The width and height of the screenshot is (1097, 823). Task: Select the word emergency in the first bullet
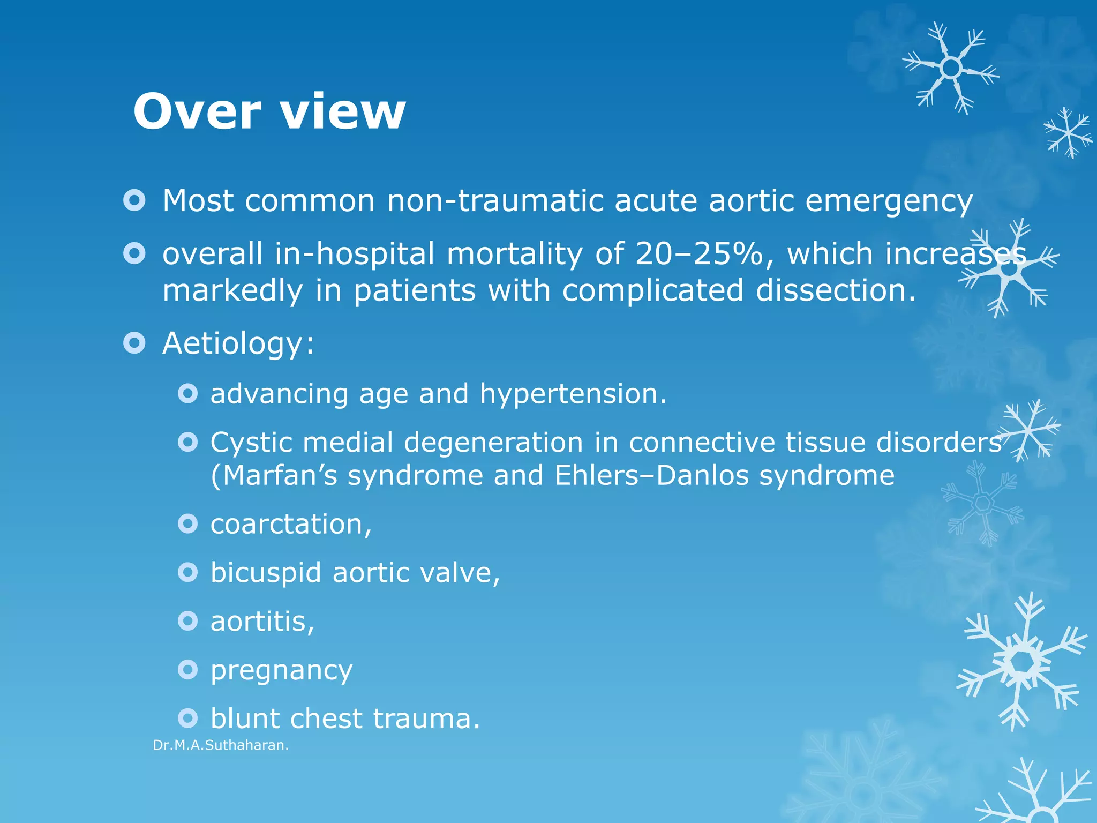pyautogui.click(x=889, y=202)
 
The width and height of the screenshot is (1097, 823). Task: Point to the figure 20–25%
pyautogui.click(x=699, y=253)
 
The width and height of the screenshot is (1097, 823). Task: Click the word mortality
pyautogui.click(x=514, y=255)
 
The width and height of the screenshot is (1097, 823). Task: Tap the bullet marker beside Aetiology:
pyautogui.click(x=134, y=342)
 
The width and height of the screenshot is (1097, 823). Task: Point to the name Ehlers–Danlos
pyautogui.click(x=651, y=475)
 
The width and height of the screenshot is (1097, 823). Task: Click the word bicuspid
pyautogui.click(x=266, y=573)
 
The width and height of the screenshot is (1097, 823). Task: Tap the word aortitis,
pyautogui.click(x=262, y=622)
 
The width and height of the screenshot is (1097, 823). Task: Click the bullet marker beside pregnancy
pyautogui.click(x=187, y=669)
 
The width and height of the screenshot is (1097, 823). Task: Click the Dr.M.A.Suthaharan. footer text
pyautogui.click(x=221, y=745)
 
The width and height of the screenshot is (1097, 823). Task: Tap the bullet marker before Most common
pyautogui.click(x=134, y=200)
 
